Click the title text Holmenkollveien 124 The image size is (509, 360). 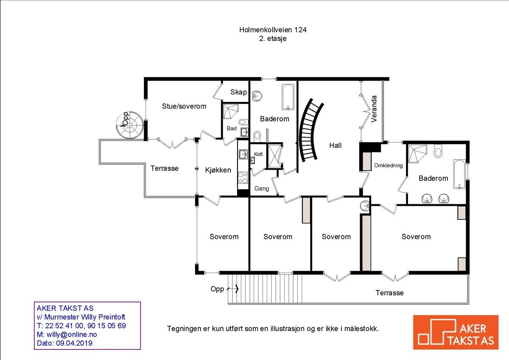tap(272, 30)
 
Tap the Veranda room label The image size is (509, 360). tap(374, 109)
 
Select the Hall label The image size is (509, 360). tap(335, 145)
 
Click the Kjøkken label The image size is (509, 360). tap(218, 170)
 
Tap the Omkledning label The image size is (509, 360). tap(388, 166)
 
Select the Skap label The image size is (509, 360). tap(238, 92)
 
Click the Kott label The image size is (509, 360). tap(258, 154)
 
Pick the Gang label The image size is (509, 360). tap(262, 188)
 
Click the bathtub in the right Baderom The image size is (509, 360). tap(459, 174)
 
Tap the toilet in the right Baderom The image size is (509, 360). tap(438, 151)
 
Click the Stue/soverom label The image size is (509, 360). tap(184, 106)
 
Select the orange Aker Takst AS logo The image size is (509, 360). tap(456, 332)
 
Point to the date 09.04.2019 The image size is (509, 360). tap(74, 343)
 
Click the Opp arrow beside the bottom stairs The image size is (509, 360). tap(233, 289)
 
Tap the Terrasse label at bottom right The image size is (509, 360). tap(389, 293)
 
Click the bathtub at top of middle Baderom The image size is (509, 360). tap(288, 96)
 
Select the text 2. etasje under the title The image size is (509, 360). tap(272, 38)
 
